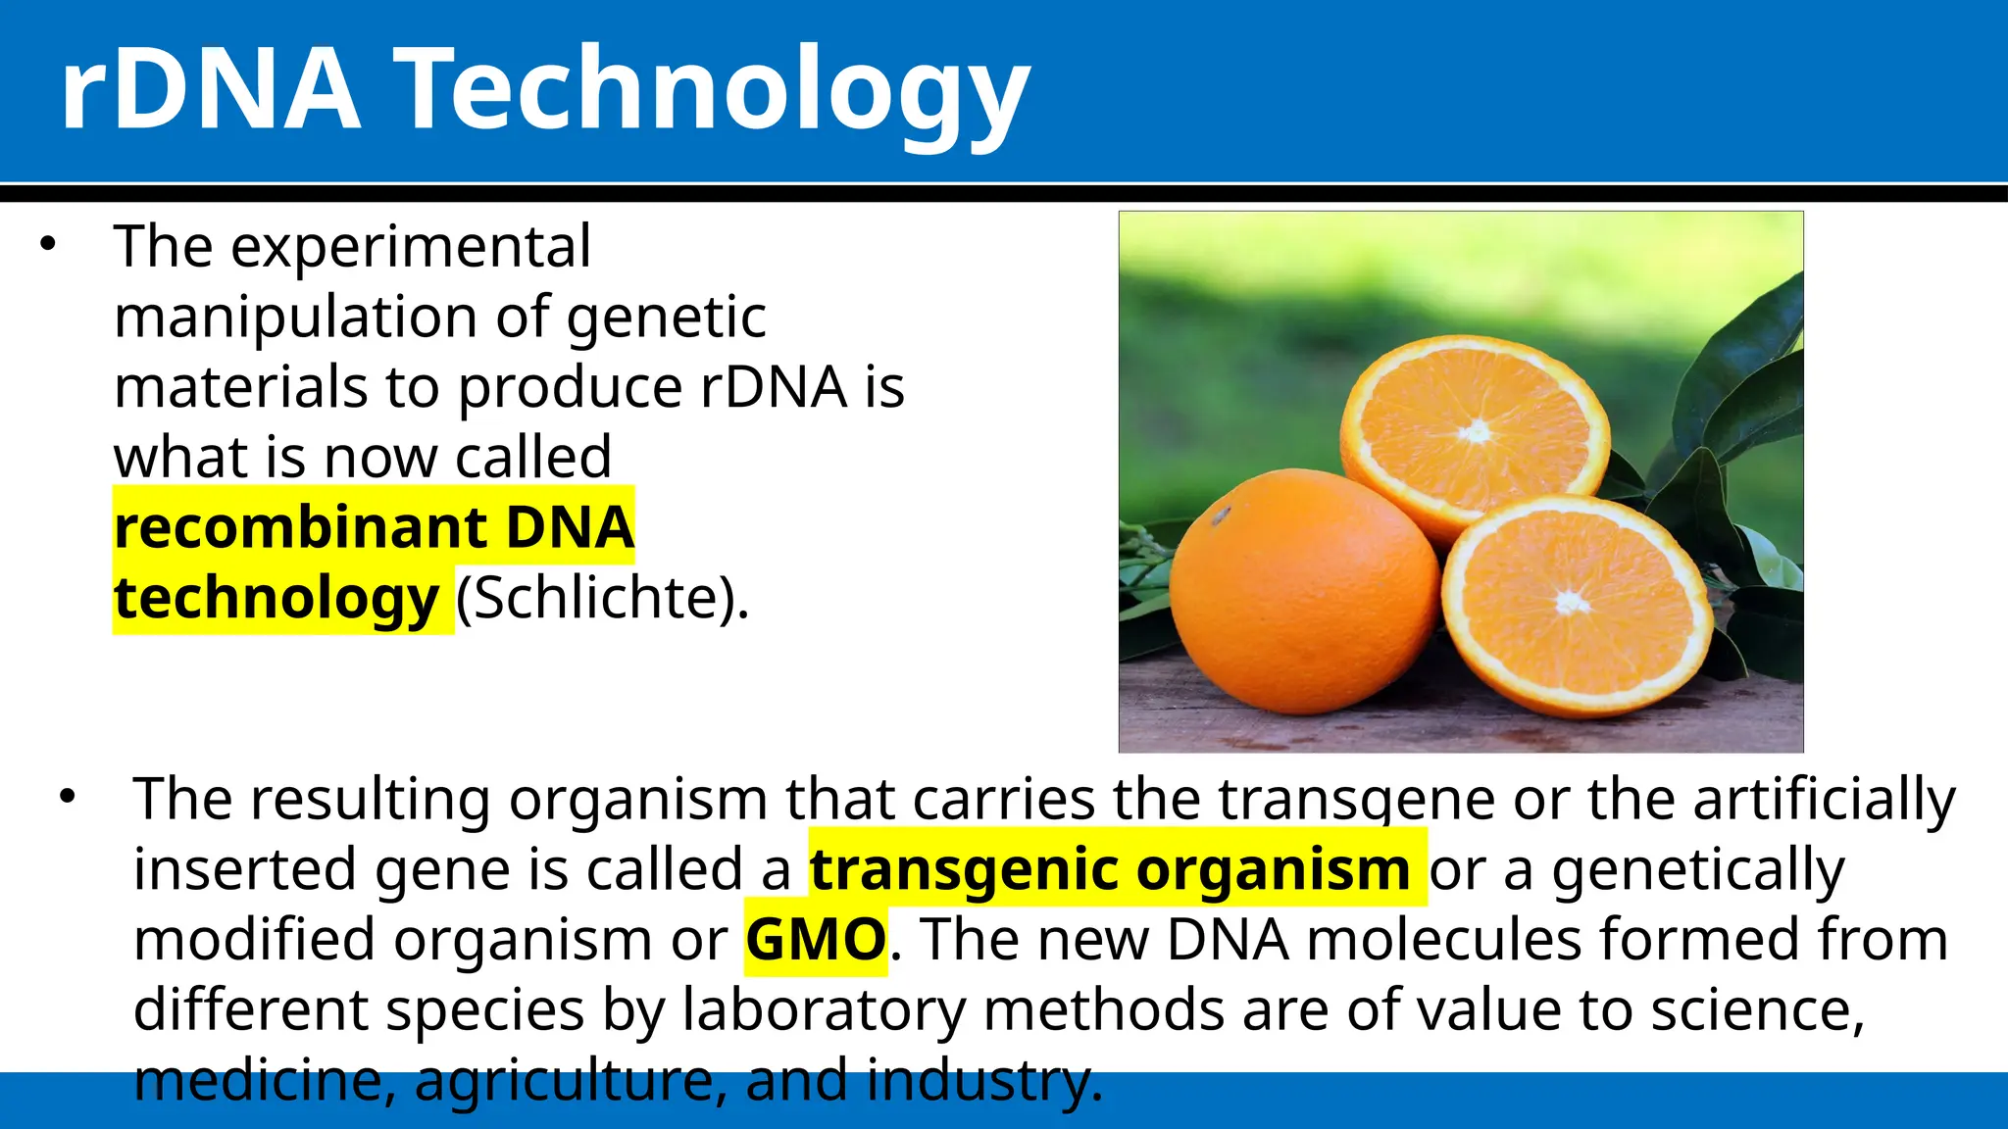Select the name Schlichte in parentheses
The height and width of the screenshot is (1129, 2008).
[x=601, y=598]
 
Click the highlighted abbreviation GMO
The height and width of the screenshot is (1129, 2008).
[x=816, y=940]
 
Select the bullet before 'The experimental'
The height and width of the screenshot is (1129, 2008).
[x=48, y=245]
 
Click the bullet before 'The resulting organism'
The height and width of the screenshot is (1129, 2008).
[x=67, y=797]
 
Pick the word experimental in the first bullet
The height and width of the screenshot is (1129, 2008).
[x=411, y=247]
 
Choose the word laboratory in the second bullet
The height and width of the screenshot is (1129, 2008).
[x=824, y=1010]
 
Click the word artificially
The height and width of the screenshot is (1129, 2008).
[x=1825, y=799]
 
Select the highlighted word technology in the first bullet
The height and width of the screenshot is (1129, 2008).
[x=276, y=598]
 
